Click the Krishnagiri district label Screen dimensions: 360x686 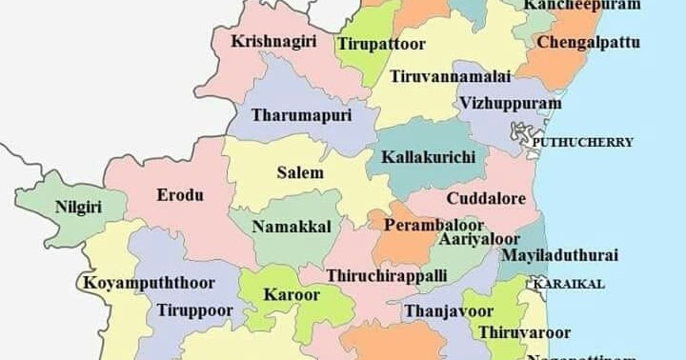point(273,41)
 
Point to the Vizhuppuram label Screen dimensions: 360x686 point(509,102)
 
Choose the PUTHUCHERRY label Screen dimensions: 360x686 point(582,142)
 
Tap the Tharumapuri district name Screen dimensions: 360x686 point(302,115)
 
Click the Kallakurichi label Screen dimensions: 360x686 point(428,155)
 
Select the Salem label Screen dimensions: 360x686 point(300,173)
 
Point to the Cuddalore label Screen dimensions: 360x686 point(493,198)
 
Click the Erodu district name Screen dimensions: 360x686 point(180,195)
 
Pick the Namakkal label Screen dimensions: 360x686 point(293,227)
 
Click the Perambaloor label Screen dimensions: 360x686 point(423,226)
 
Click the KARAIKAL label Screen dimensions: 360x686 point(569,284)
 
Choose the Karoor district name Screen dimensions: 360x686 point(292,294)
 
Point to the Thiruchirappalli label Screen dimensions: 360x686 point(386,275)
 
